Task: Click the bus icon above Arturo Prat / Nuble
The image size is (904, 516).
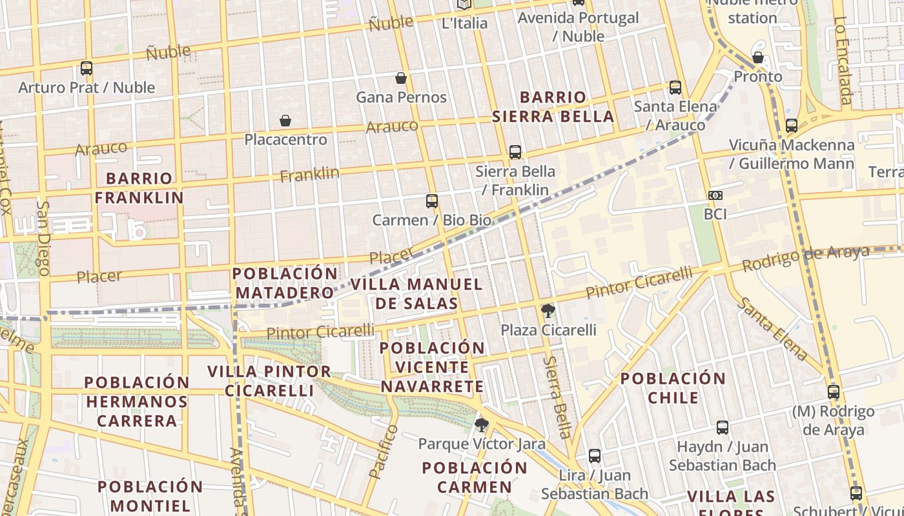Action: (86, 68)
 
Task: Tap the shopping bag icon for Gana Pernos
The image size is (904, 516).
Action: (401, 78)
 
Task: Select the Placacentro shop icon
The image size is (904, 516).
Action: (285, 121)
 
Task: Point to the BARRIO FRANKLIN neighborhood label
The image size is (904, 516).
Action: (139, 188)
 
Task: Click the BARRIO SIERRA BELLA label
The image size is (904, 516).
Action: (553, 107)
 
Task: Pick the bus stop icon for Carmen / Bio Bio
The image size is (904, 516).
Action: (432, 201)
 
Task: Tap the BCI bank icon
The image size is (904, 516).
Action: (715, 195)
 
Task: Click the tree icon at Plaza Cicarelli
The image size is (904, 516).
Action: (548, 312)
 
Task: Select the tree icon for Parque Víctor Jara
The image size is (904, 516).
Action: (481, 425)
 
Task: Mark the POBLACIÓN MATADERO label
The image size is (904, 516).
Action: (285, 283)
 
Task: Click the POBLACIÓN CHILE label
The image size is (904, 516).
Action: (673, 388)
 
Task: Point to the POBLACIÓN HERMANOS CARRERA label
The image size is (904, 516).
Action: (137, 401)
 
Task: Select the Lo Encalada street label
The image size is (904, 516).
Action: (842, 61)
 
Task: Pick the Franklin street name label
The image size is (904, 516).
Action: (310, 174)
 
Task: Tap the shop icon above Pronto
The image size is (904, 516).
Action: (758, 57)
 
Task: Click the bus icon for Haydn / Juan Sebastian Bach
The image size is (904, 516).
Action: (722, 428)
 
